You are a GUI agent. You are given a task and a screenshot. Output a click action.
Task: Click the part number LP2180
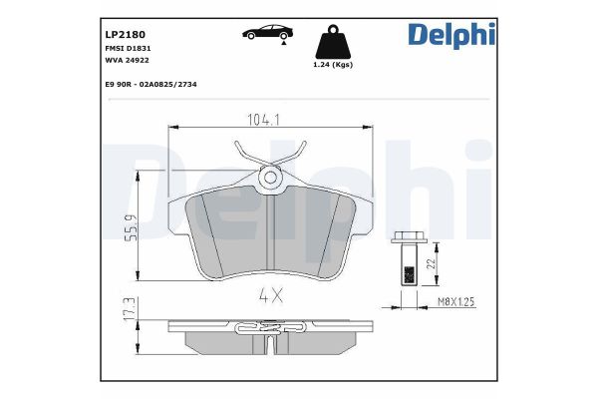(x=126, y=33)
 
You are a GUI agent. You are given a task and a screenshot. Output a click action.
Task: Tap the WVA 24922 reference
(x=128, y=61)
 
